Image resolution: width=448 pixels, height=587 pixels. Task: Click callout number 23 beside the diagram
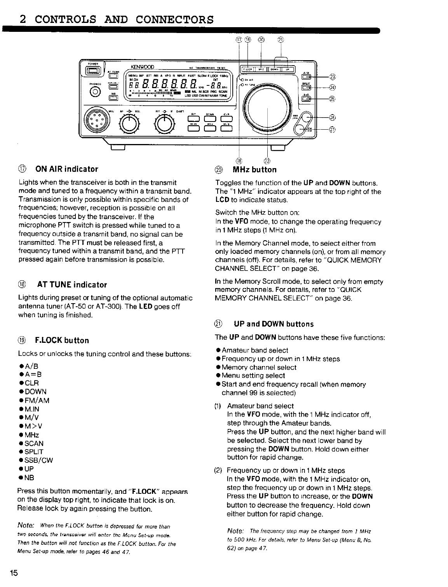333,76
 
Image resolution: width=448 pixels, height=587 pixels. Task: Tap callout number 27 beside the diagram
333,129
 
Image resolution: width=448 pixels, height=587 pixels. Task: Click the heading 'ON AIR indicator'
66,169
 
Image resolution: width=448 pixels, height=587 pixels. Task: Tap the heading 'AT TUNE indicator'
72,285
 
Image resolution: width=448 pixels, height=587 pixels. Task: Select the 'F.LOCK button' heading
62,340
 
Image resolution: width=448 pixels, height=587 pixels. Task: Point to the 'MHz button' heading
254,170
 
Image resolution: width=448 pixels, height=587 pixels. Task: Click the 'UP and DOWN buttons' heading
274,324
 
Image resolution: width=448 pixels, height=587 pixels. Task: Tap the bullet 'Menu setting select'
253,375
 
